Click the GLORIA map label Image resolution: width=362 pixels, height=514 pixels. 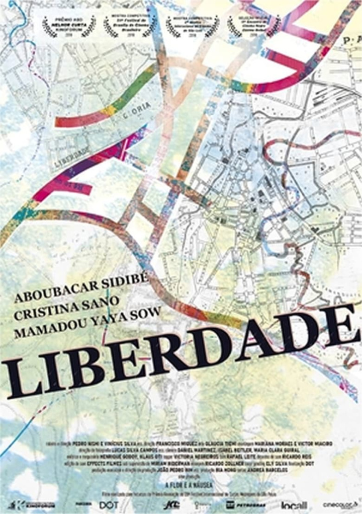pos(137,108)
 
